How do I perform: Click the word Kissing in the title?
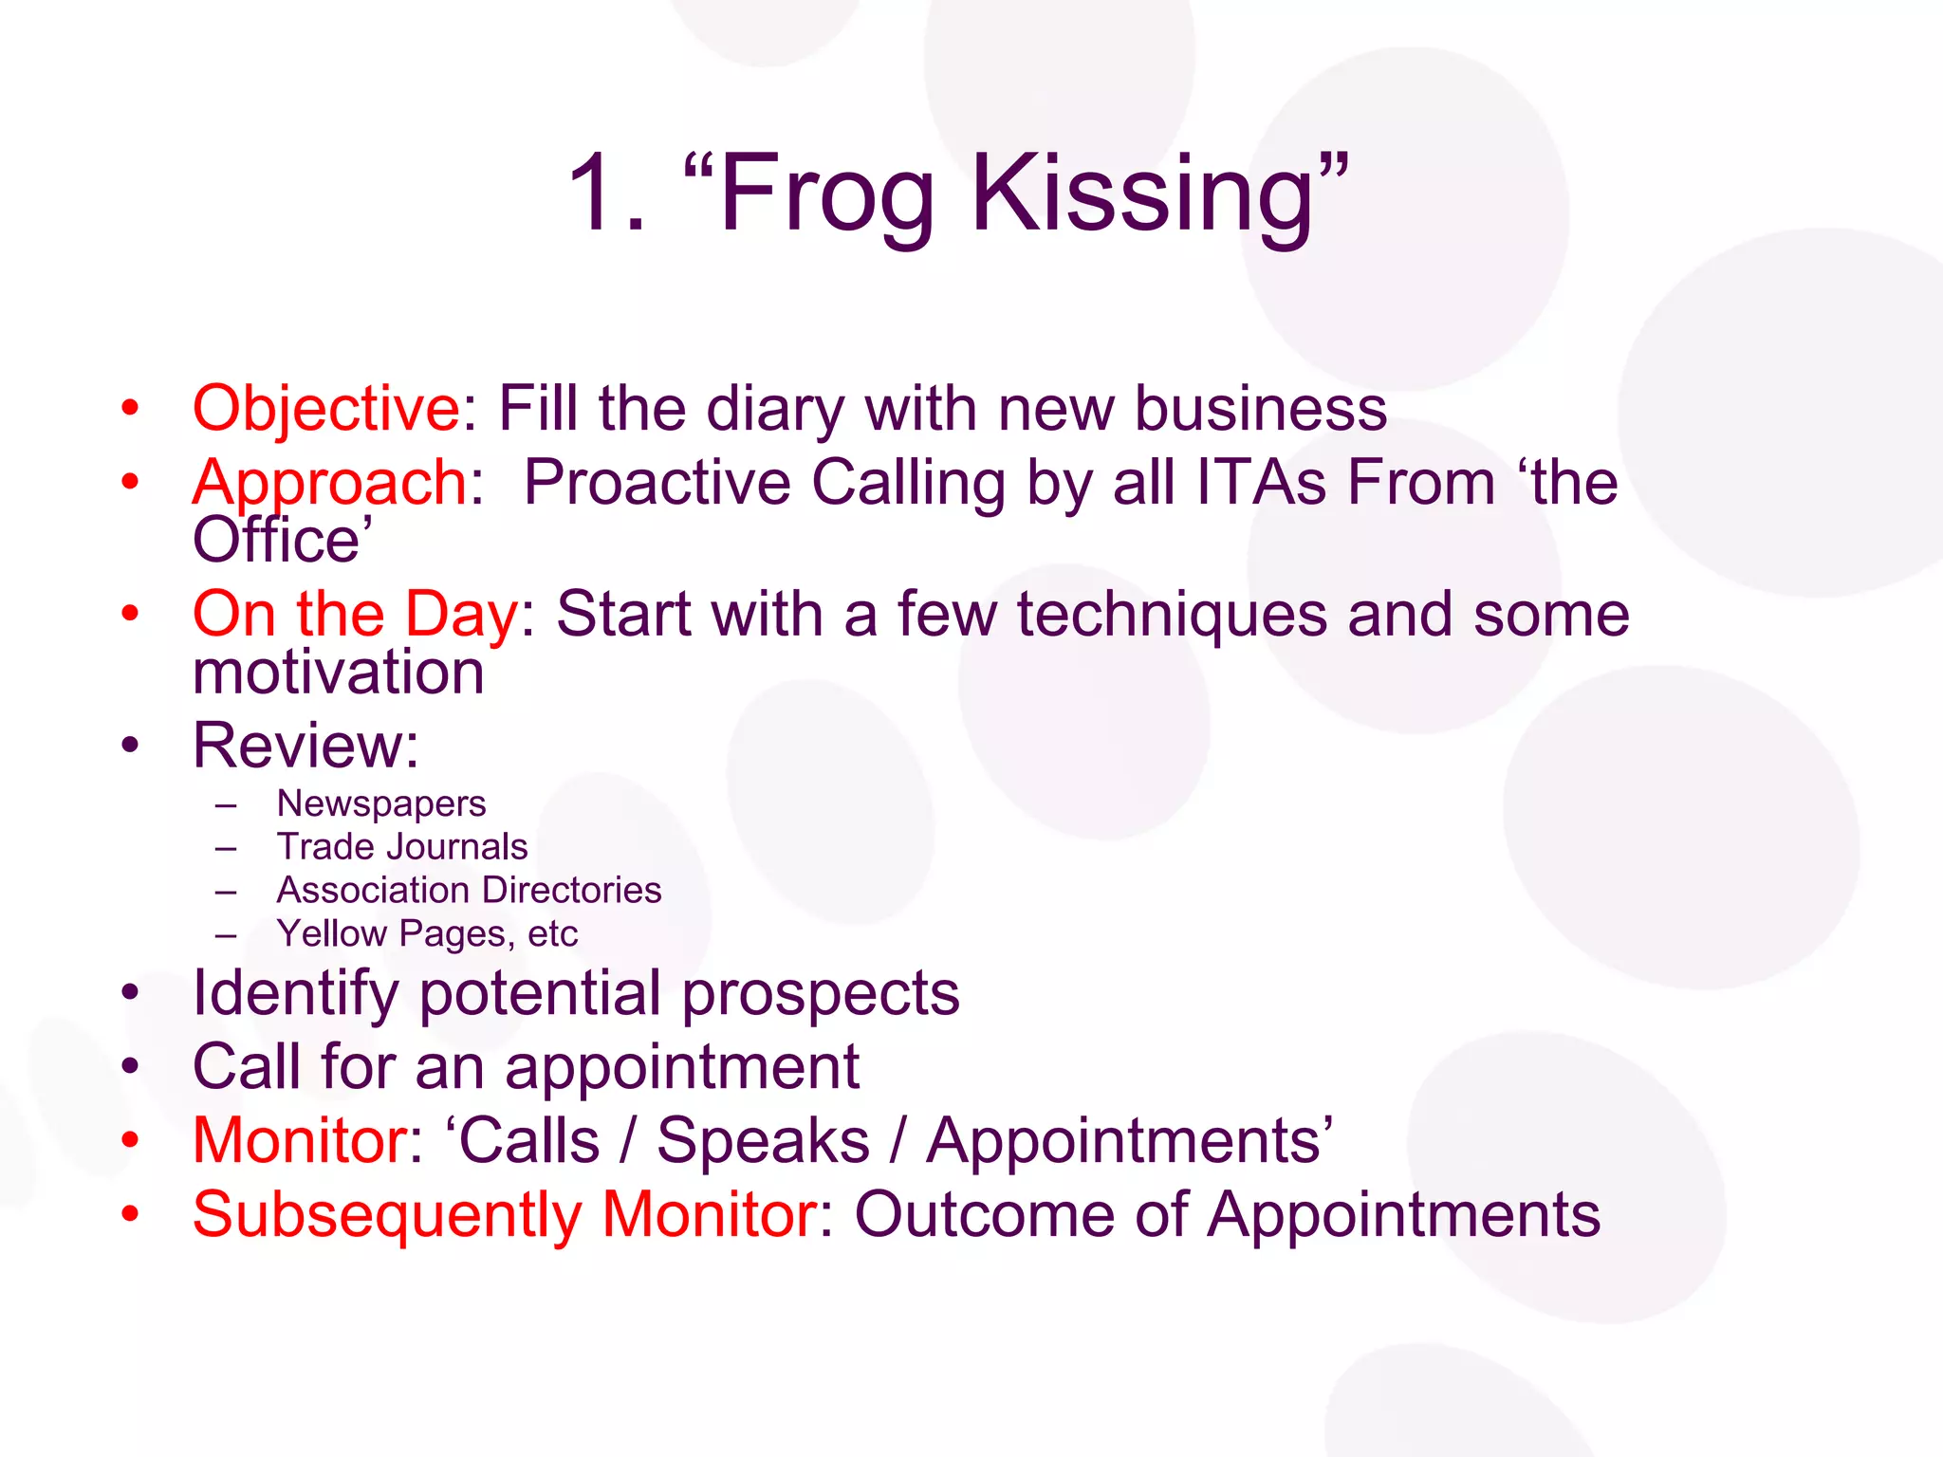click(x=1142, y=194)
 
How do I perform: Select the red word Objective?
click(x=326, y=410)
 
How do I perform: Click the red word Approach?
click(x=330, y=484)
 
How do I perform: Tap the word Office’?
click(x=282, y=541)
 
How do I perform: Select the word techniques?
click(x=1172, y=615)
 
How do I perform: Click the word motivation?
click(x=339, y=672)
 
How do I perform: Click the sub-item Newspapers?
click(x=381, y=804)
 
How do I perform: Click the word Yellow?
click(x=332, y=934)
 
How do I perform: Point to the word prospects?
click(x=821, y=994)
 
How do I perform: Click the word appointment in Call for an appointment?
click(x=682, y=1068)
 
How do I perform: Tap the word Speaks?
click(x=763, y=1140)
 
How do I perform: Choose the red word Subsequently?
click(x=387, y=1215)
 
